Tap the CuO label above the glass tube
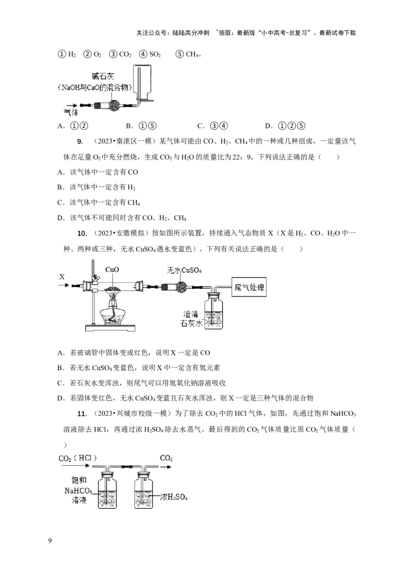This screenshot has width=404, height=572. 112,270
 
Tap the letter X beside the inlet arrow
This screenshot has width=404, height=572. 62,276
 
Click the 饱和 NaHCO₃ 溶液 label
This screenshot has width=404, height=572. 76,490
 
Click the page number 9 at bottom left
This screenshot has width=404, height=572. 49,541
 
